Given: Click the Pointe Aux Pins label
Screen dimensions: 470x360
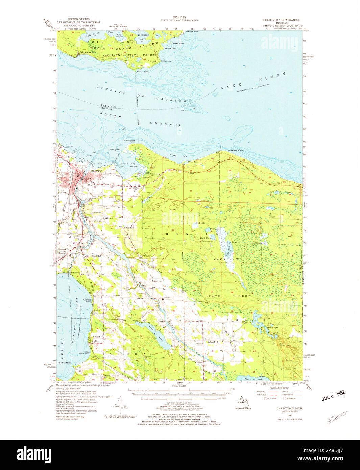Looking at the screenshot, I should point(88,53).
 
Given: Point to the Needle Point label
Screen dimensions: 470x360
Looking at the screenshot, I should point(64,363).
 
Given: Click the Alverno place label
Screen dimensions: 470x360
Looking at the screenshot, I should point(167,298).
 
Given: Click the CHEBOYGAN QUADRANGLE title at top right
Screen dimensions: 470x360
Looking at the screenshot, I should point(282,20).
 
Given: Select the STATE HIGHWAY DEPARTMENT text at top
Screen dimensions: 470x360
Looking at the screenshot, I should point(179,20).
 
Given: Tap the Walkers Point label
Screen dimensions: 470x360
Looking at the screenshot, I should point(192,32).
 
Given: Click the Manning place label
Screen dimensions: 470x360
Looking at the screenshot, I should point(199,362).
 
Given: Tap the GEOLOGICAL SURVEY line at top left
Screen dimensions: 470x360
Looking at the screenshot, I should point(79,25).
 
